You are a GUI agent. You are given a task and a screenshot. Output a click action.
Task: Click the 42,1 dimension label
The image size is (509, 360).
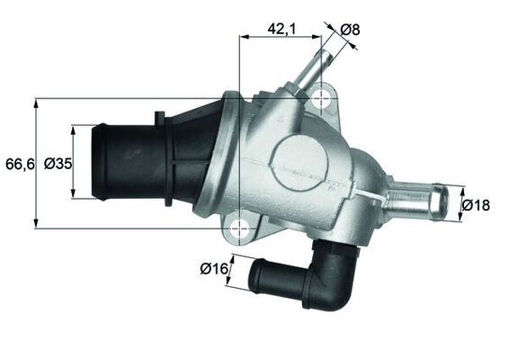click(x=281, y=28)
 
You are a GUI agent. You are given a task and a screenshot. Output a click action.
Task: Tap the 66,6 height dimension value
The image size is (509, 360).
click(x=17, y=163)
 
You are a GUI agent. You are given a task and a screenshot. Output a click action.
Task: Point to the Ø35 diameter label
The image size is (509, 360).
click(x=58, y=163)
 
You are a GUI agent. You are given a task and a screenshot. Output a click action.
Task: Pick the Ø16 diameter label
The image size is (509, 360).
click(x=212, y=267)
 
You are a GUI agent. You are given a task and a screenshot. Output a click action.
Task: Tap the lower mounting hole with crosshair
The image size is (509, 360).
click(x=240, y=229)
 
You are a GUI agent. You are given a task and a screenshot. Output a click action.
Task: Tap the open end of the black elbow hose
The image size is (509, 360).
click(x=254, y=275)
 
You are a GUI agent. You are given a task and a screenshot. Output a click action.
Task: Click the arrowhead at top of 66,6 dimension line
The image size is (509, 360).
click(x=36, y=102)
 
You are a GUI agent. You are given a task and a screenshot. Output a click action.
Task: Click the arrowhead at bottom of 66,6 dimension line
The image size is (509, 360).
click(x=36, y=224)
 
